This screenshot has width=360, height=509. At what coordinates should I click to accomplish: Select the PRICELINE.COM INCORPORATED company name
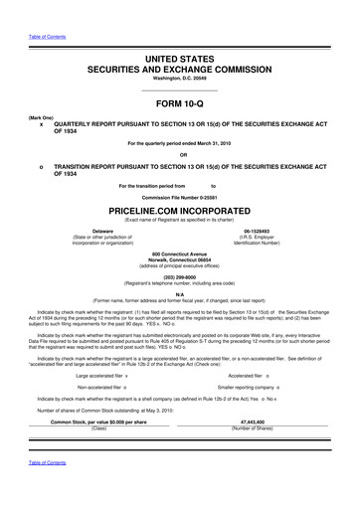point(180,213)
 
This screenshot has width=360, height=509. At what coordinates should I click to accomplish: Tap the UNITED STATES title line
point(180,61)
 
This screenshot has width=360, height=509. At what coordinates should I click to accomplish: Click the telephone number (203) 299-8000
point(180,276)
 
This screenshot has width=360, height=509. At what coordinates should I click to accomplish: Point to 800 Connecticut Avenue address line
point(180,253)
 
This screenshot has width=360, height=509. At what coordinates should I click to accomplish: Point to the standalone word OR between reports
point(180,154)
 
